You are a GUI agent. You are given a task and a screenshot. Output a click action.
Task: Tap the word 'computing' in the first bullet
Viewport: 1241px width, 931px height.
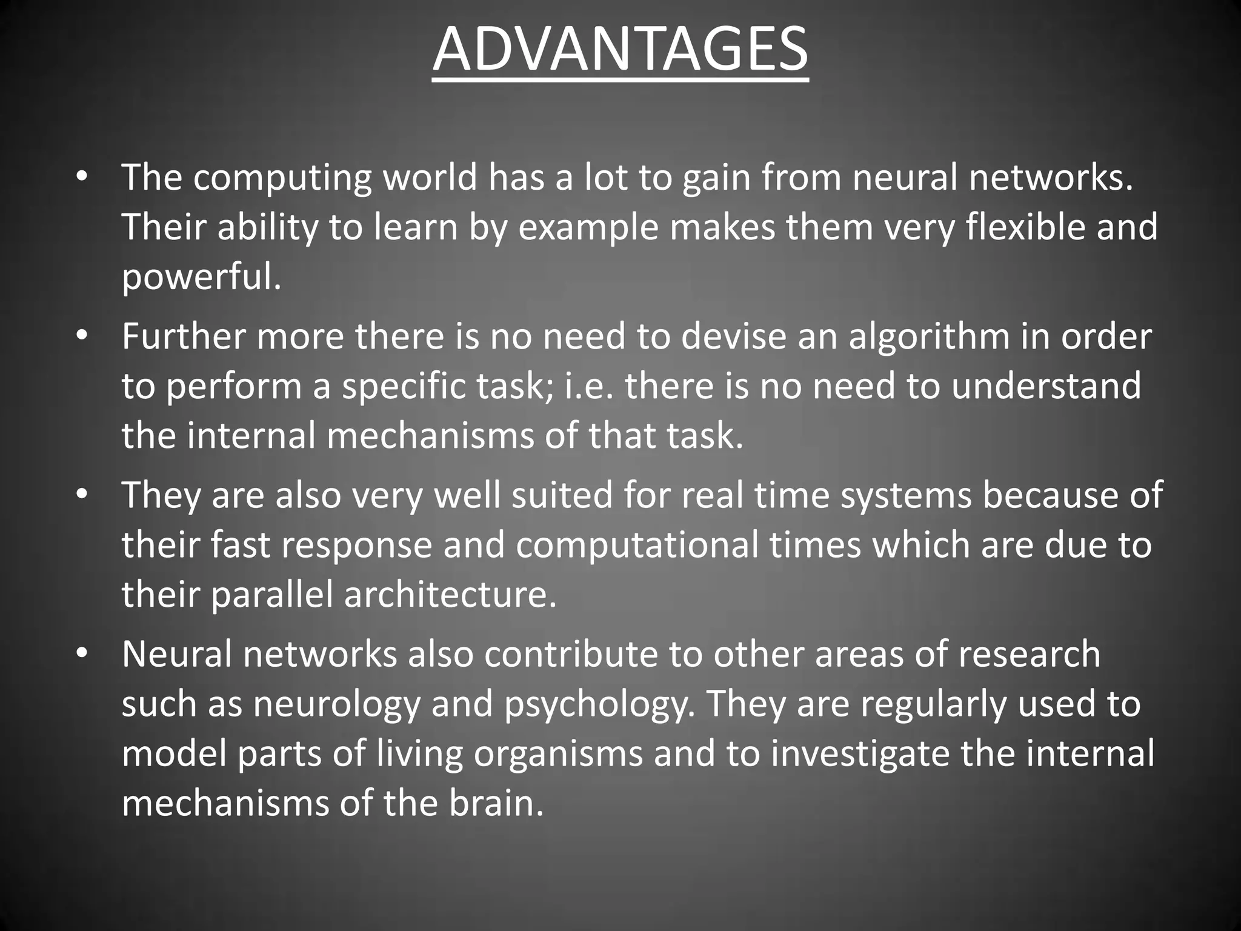tap(282, 179)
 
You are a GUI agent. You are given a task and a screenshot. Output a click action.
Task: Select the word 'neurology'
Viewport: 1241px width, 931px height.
tap(336, 704)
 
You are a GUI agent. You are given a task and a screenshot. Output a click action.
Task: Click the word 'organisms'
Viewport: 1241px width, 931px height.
tap(557, 755)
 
